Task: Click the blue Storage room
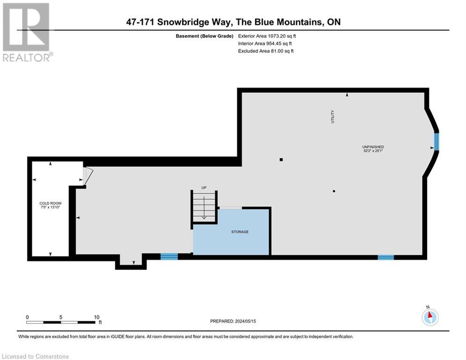(232, 232)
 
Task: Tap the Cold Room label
(51, 206)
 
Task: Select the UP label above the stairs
(204, 188)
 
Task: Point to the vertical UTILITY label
(333, 116)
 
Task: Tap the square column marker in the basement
(281, 160)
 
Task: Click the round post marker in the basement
(333, 191)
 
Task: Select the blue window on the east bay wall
(436, 142)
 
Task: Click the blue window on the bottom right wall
(386, 257)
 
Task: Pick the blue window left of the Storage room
(169, 256)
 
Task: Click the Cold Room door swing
(88, 176)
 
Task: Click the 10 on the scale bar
(96, 317)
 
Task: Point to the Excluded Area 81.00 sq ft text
(266, 51)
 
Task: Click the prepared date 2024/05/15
(234, 321)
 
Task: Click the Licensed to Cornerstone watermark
(36, 356)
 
